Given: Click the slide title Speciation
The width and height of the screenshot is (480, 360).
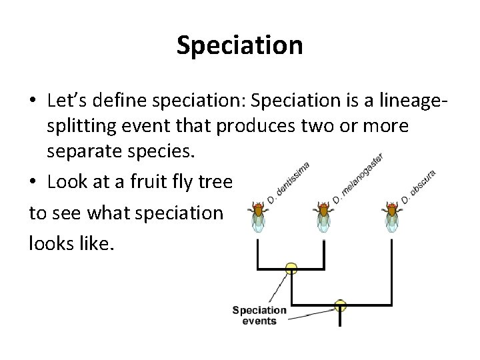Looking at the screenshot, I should click(x=240, y=45).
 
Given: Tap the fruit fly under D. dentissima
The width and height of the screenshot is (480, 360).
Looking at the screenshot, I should click(x=257, y=217).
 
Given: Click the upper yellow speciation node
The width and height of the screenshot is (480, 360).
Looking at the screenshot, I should click(x=291, y=269).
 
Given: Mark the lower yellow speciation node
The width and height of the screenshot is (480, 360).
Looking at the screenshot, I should click(x=341, y=306).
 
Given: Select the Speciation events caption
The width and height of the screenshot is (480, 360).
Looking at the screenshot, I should click(x=260, y=315).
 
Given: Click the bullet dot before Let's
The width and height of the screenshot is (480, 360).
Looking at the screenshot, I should click(x=33, y=101).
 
